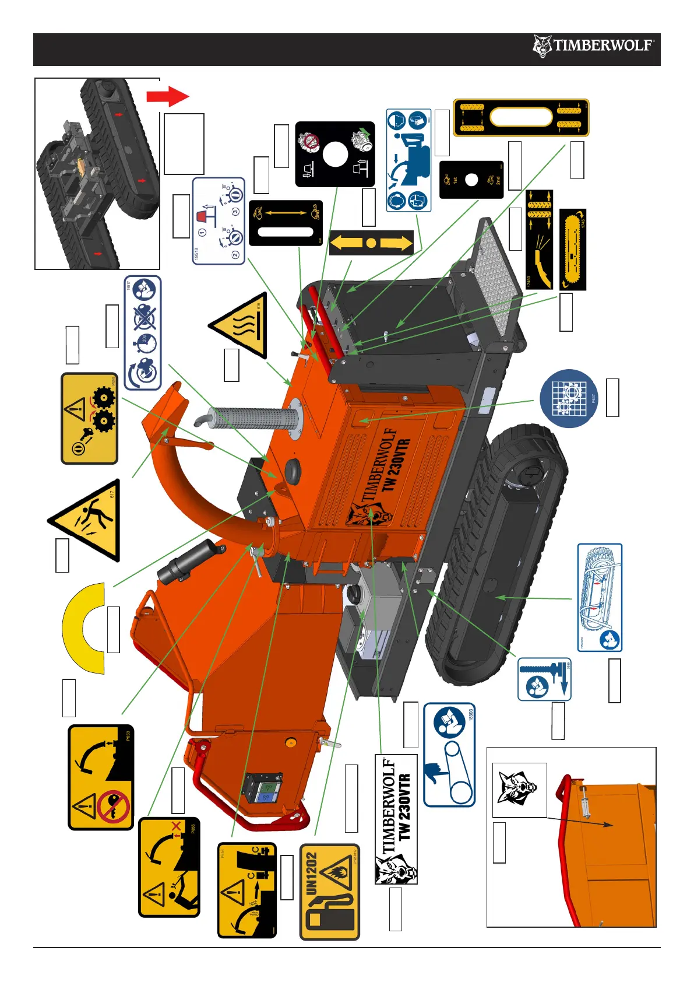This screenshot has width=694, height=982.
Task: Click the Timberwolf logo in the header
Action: (x=593, y=45)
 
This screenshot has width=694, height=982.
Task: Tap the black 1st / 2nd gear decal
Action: (x=471, y=180)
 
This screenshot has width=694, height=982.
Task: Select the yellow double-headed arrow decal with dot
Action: (x=371, y=242)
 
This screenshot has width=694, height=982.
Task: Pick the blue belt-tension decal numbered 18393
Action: (x=449, y=754)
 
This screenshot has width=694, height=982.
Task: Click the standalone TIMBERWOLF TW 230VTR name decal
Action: (x=396, y=819)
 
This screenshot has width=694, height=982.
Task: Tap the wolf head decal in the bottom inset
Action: (x=519, y=790)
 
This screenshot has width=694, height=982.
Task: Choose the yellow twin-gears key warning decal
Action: (x=90, y=418)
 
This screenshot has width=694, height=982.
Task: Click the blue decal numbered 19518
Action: (x=219, y=221)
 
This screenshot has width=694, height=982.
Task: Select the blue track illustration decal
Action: (x=600, y=597)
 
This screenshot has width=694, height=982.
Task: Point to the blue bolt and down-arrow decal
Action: (x=544, y=679)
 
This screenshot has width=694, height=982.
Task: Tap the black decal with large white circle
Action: (x=334, y=154)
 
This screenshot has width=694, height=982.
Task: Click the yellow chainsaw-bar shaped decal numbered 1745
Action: (x=573, y=250)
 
